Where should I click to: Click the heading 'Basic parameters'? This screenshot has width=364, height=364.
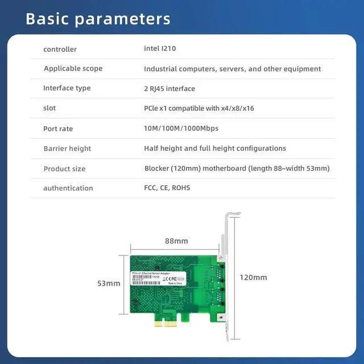click(x=98, y=18)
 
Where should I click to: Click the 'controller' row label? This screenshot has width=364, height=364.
click(x=60, y=49)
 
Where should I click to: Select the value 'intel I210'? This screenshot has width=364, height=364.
click(x=160, y=49)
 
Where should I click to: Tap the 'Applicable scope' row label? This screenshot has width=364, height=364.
click(x=73, y=69)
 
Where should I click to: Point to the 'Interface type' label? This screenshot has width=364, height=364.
click(x=67, y=88)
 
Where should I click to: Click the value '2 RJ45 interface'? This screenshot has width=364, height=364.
click(x=169, y=89)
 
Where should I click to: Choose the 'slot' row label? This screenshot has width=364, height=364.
click(x=49, y=108)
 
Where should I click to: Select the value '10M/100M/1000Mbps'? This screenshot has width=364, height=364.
click(x=181, y=129)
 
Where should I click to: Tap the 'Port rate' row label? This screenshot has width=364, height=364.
click(x=58, y=129)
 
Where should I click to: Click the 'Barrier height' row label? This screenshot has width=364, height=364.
click(x=67, y=148)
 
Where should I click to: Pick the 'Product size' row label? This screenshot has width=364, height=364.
click(x=65, y=169)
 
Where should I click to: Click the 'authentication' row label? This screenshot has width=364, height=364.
click(x=68, y=188)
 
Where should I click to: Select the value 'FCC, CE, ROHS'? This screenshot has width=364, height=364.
click(x=167, y=188)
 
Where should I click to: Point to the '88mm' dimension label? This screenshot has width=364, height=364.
click(x=176, y=241)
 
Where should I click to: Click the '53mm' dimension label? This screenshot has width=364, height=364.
click(x=109, y=283)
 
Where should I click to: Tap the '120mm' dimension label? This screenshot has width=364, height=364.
click(x=253, y=278)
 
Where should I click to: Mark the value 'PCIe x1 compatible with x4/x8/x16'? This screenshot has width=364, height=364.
click(x=199, y=108)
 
